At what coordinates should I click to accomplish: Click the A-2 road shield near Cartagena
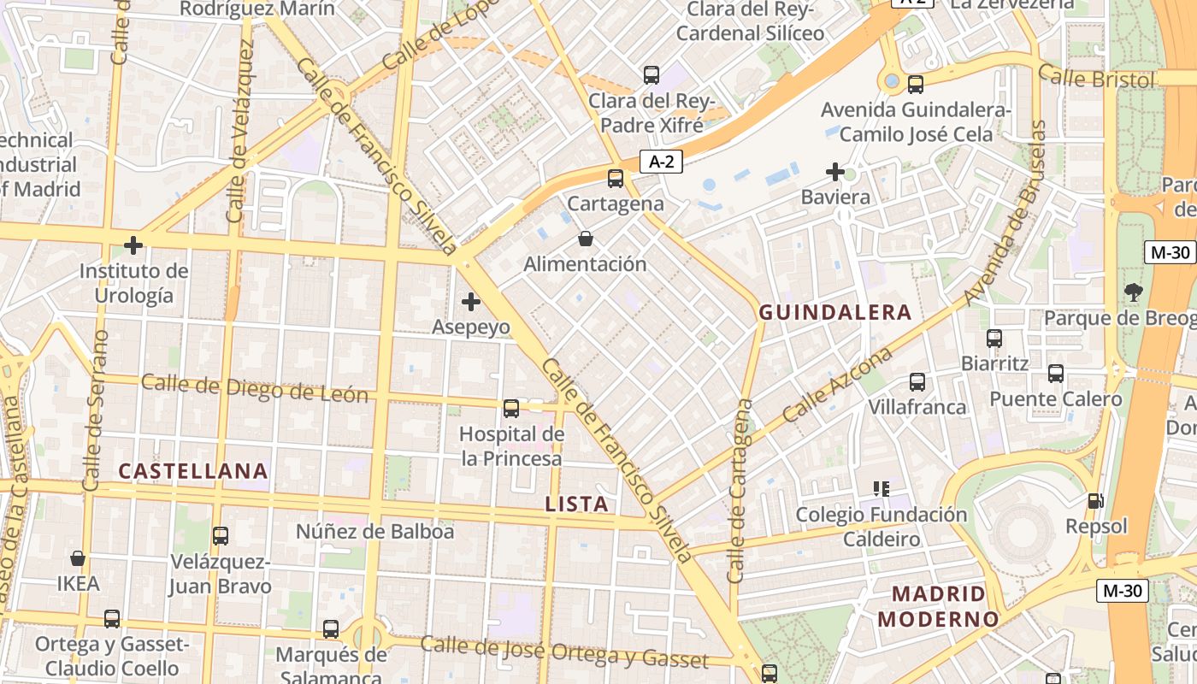(661, 161)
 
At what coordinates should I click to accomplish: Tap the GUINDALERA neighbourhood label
(835, 313)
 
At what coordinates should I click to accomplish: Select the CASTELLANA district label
(193, 471)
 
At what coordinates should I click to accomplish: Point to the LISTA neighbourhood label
(577, 504)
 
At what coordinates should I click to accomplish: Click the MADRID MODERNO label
(939, 606)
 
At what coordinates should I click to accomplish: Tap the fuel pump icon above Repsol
(1095, 501)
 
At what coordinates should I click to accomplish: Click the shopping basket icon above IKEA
(78, 558)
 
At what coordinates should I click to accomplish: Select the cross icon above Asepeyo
(470, 302)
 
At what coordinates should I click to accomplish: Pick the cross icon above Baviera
(835, 172)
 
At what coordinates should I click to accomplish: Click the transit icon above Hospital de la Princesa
(511, 409)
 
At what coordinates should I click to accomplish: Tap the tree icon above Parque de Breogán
(1134, 292)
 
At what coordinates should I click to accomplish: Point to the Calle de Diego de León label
(255, 388)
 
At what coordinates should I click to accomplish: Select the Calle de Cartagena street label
(740, 491)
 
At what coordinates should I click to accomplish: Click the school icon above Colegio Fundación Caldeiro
(882, 489)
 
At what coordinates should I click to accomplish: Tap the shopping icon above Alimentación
(586, 239)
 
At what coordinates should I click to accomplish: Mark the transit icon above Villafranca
(917, 381)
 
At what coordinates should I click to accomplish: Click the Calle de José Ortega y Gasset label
(564, 652)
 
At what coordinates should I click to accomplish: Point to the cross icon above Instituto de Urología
(133, 246)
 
